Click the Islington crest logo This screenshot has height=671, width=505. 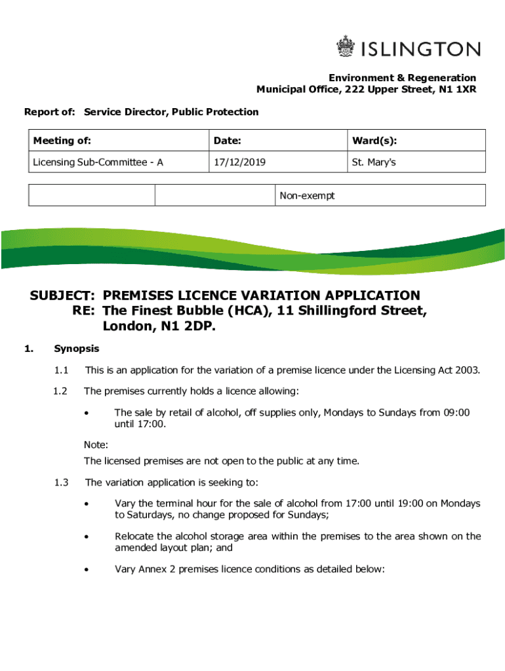(x=345, y=48)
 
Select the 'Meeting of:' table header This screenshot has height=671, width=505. (x=62, y=141)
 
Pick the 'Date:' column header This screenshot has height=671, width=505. (x=228, y=141)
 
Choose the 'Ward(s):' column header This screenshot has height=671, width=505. (x=374, y=141)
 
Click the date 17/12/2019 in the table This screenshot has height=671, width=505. (x=239, y=162)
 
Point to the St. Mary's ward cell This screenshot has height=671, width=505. (x=374, y=162)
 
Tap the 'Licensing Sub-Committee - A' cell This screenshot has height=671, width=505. (x=98, y=162)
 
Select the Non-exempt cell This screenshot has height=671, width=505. (x=307, y=195)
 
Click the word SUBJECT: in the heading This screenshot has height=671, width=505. (x=64, y=296)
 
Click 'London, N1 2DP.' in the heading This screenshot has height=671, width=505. (x=159, y=326)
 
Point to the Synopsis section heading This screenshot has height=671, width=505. (x=77, y=349)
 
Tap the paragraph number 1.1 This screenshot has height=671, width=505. (x=63, y=371)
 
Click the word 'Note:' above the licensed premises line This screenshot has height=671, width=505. (x=96, y=444)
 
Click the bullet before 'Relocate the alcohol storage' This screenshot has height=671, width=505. (x=85, y=537)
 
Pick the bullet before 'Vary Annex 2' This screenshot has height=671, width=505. (x=85, y=569)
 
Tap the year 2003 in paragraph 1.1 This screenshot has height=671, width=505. (x=469, y=371)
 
